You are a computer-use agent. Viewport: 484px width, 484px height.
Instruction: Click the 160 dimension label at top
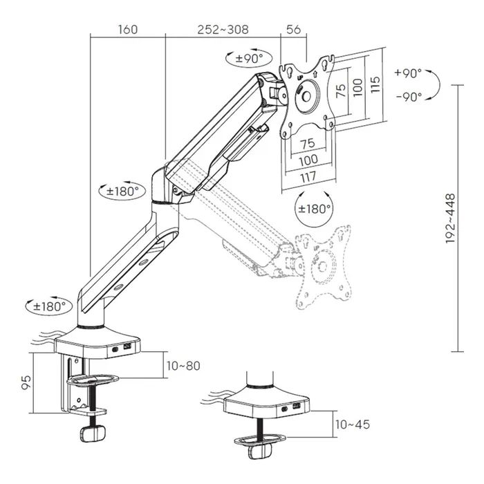click(x=128, y=30)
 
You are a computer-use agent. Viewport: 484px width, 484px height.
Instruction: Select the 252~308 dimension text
click(x=223, y=30)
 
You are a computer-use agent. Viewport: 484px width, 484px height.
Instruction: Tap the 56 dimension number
click(x=293, y=30)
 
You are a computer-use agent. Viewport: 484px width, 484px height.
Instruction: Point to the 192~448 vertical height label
click(x=450, y=218)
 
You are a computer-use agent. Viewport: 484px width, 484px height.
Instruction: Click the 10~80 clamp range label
click(x=183, y=366)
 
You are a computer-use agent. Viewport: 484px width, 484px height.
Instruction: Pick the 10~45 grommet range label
click(x=353, y=425)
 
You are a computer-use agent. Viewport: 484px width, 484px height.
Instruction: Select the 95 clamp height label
click(x=26, y=382)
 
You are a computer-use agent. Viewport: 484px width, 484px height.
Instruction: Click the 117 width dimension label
click(x=308, y=177)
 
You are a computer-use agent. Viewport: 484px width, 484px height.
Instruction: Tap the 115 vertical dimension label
click(x=375, y=84)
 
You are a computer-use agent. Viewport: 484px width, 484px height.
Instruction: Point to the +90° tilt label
click(x=408, y=73)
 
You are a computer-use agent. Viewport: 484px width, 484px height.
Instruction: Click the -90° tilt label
click(x=409, y=97)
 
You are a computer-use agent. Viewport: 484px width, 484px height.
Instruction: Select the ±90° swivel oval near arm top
click(x=249, y=58)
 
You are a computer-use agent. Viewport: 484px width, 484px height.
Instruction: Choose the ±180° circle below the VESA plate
click(x=315, y=209)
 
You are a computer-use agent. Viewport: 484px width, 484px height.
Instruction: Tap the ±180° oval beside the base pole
click(x=49, y=306)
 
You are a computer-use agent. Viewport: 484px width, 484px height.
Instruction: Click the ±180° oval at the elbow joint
click(x=122, y=191)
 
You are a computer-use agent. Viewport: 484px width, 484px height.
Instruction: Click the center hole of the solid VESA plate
click(x=306, y=96)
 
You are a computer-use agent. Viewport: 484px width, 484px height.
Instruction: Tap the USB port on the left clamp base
click(x=127, y=347)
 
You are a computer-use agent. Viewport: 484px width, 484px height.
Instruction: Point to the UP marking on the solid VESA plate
click(x=300, y=77)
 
